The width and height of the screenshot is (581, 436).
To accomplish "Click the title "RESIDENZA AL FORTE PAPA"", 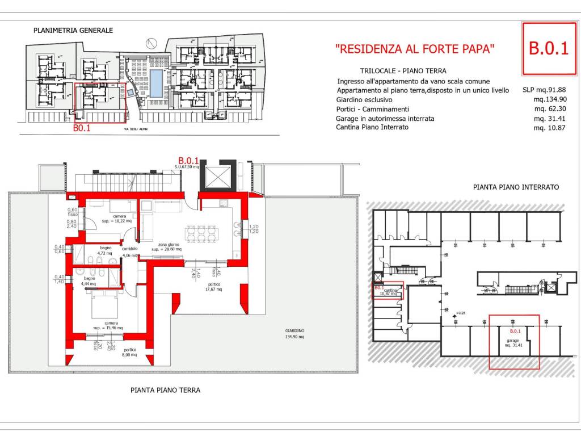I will coord(415,49).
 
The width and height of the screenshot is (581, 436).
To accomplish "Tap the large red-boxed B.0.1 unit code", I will coord(548,49).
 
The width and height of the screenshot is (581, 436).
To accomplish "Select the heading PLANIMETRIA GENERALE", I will coord(73,31).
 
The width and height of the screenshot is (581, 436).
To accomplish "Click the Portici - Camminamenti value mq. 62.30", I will coord(550,109).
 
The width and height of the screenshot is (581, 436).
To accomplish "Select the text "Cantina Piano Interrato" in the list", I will coord(372,127).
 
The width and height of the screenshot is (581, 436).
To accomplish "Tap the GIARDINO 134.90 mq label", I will coord(294,333).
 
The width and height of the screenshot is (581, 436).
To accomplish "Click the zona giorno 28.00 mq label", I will coord(166,246).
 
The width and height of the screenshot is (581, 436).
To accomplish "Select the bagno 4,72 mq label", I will coord(105,250).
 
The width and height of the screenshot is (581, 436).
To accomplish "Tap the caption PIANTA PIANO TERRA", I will coord(165,390).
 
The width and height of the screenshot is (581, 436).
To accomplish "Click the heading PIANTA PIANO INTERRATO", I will coord(516,187).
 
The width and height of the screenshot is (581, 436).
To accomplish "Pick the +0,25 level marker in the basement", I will coord(460,313).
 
